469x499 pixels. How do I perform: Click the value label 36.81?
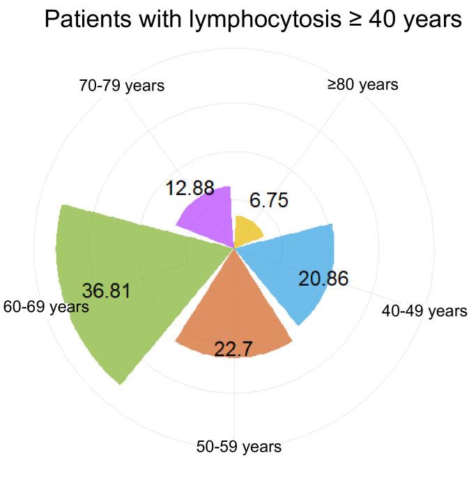pos(106,291)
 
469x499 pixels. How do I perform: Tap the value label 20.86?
pos(323,279)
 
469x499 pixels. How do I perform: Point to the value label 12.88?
pos(189,188)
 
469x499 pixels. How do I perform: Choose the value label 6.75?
pos(268,200)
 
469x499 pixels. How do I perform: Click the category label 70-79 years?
pos(123,87)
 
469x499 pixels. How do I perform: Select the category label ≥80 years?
pos(362,85)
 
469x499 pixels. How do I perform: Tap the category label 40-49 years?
pos(424,311)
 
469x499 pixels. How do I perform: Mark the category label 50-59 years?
pos(239,447)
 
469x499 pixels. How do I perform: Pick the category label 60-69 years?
pos(46,307)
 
